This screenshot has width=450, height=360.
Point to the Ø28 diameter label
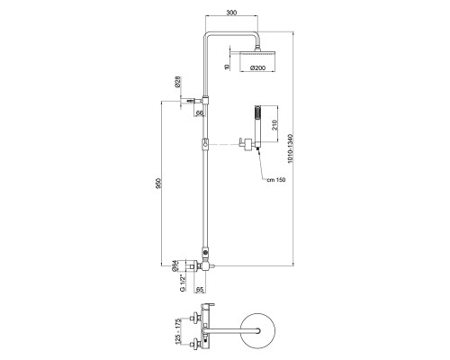point(180,83)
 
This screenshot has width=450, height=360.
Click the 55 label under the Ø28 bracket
point(200,112)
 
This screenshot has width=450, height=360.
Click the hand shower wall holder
point(244,141)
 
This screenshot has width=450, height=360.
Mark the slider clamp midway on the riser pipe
point(207,142)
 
